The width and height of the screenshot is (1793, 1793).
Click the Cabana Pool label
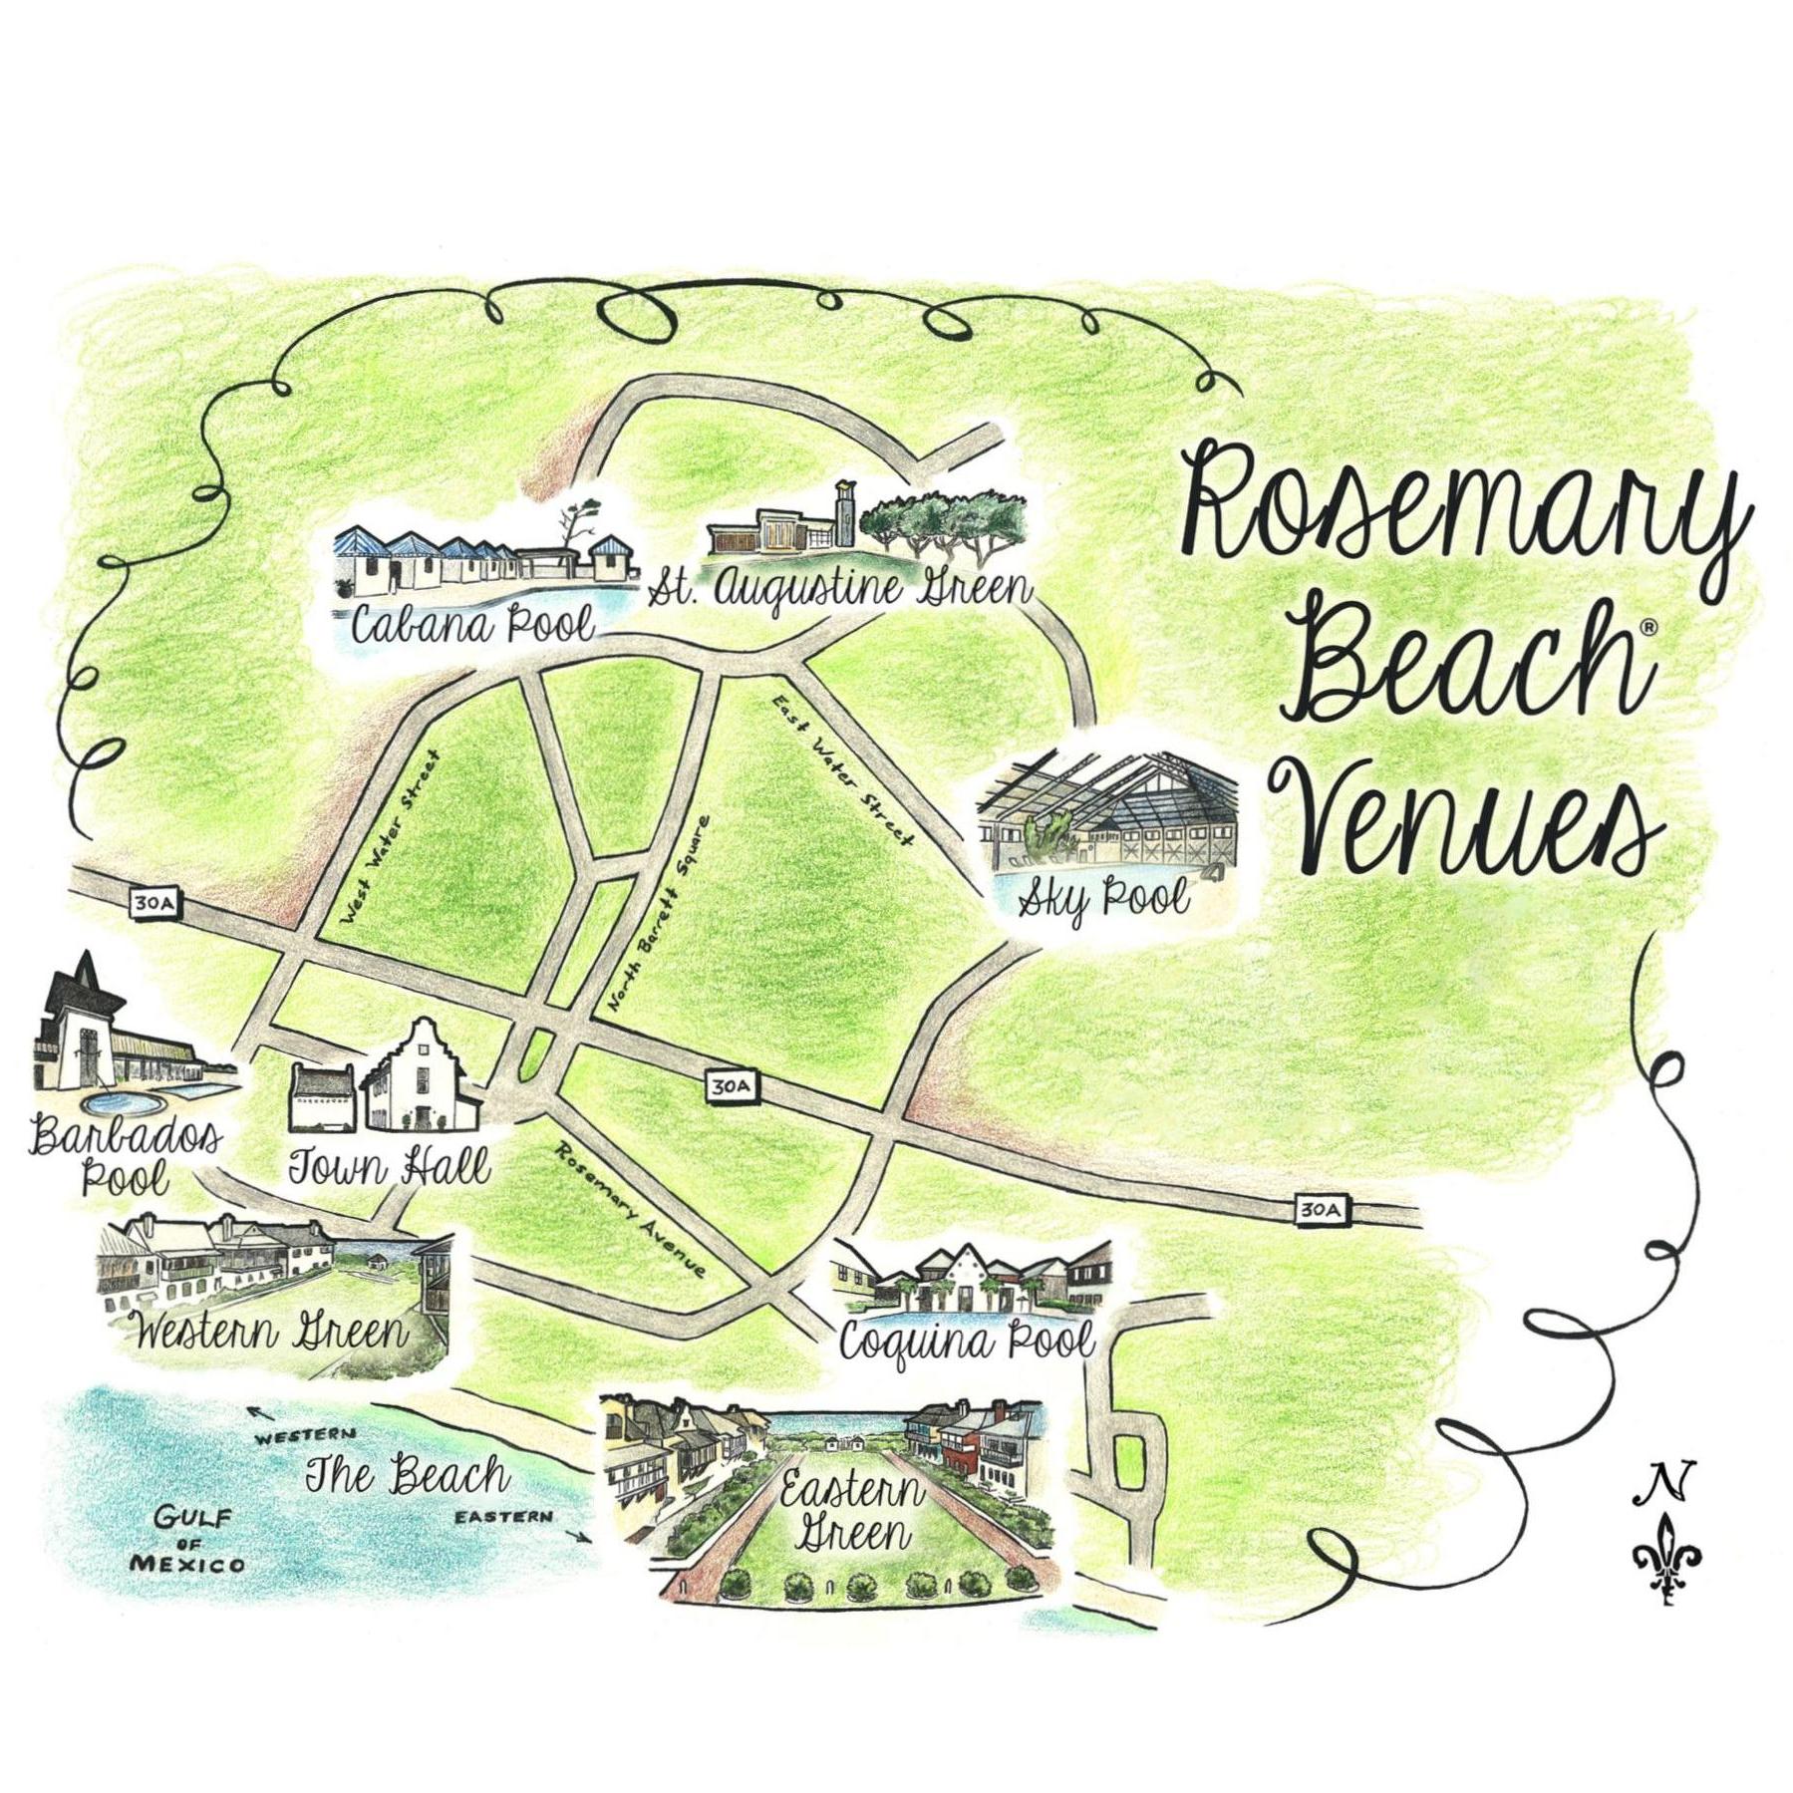(474, 625)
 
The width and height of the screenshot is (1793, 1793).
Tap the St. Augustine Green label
(839, 590)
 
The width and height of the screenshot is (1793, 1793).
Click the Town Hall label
(389, 1167)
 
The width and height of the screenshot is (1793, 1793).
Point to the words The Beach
(407, 1476)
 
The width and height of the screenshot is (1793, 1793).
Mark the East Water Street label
(843, 770)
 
